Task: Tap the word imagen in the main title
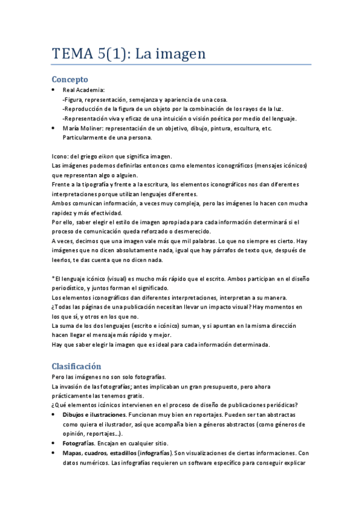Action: coord(179,54)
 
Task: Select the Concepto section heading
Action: coord(70,79)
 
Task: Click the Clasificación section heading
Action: coord(76,366)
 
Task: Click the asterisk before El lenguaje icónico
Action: coord(54,279)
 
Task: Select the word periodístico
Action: coord(71,289)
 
